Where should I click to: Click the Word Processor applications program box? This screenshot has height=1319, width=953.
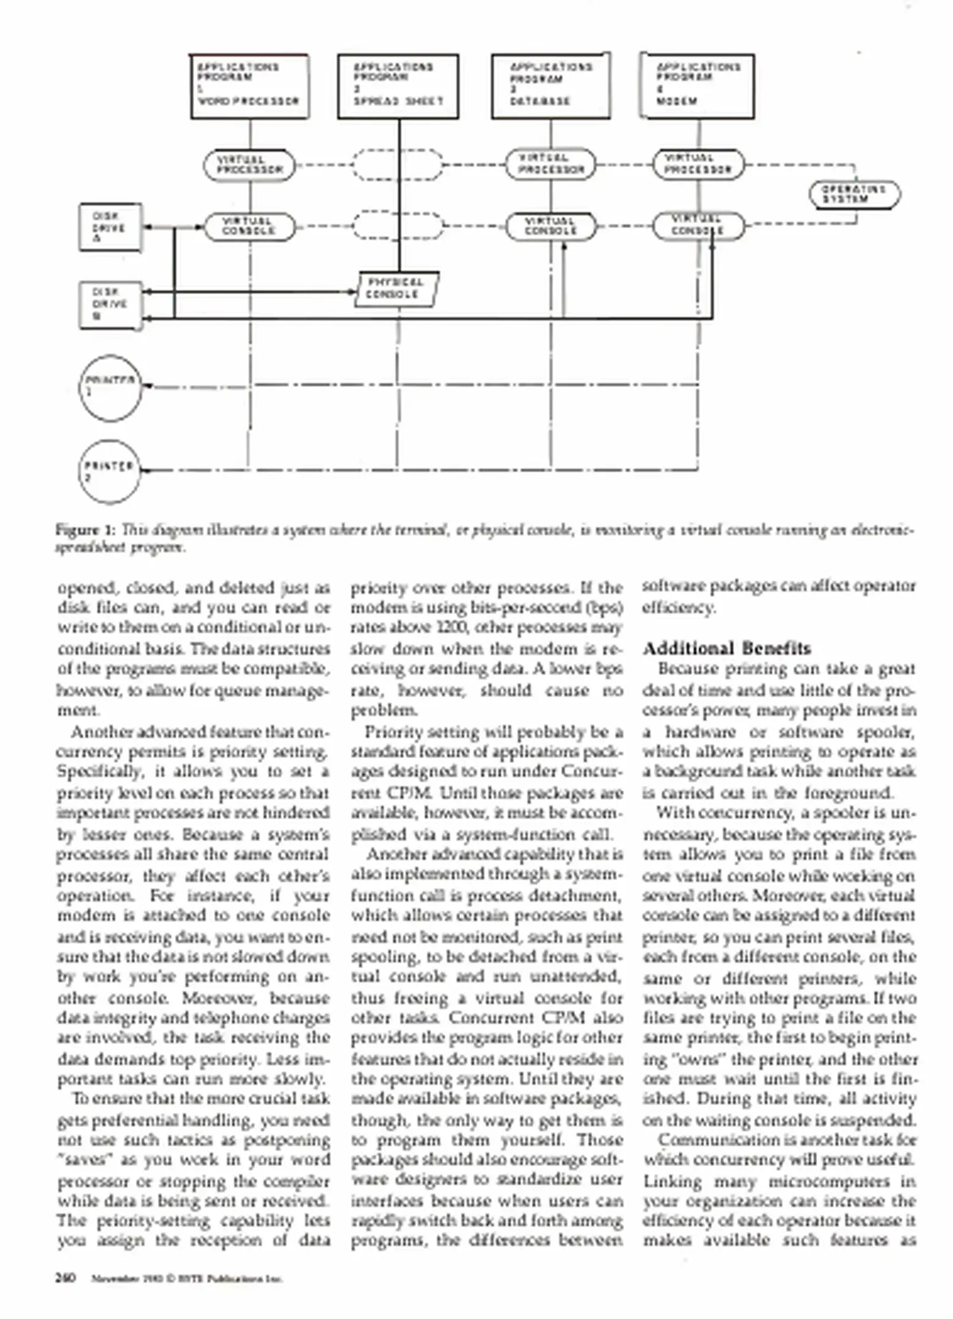tap(249, 85)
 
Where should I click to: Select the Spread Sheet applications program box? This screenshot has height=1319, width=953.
tap(398, 85)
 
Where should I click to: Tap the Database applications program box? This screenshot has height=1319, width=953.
tap(551, 85)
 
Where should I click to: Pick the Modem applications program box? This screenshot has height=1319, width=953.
tap(697, 85)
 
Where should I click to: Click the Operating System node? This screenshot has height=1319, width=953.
tap(854, 195)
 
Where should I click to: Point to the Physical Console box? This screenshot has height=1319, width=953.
tap(396, 289)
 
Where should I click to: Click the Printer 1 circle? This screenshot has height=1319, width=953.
tap(110, 388)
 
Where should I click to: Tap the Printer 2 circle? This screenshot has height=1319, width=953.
tap(110, 471)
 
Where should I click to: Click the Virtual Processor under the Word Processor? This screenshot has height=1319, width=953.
tap(249, 165)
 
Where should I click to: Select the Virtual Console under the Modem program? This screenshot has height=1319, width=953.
tap(698, 227)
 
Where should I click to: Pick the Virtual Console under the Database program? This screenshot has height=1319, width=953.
tap(551, 227)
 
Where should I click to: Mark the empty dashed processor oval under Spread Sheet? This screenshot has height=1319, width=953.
tap(398, 165)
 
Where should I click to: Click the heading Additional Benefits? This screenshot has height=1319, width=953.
tap(726, 649)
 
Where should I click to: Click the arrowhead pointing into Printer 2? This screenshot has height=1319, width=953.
tap(147, 470)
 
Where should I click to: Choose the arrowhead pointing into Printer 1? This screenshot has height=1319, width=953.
tap(147, 386)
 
